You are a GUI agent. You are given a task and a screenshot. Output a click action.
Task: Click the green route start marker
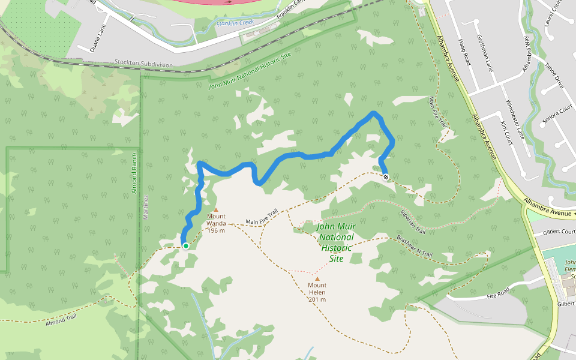(x=186, y=246)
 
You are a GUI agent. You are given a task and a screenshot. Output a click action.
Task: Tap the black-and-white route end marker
(x=386, y=177)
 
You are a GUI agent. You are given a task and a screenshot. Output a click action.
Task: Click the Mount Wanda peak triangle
(x=216, y=210)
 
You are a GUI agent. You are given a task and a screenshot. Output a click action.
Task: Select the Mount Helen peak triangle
(x=317, y=278)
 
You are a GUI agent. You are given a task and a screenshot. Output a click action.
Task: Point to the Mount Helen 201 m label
(x=317, y=292)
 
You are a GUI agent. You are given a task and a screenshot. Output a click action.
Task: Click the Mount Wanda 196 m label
(x=216, y=223)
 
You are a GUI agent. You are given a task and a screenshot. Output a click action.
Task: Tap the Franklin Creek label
(x=235, y=23)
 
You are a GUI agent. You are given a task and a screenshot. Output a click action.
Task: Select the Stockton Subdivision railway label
(x=143, y=64)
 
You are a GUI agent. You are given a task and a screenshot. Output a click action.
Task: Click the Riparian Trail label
(x=412, y=221)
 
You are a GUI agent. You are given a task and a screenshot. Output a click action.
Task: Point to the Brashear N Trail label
(x=414, y=246)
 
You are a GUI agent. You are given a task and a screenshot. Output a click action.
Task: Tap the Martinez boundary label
(x=146, y=206)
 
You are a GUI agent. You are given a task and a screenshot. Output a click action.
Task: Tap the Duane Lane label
(x=98, y=37)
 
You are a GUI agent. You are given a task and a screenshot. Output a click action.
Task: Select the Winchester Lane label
(x=515, y=119)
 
